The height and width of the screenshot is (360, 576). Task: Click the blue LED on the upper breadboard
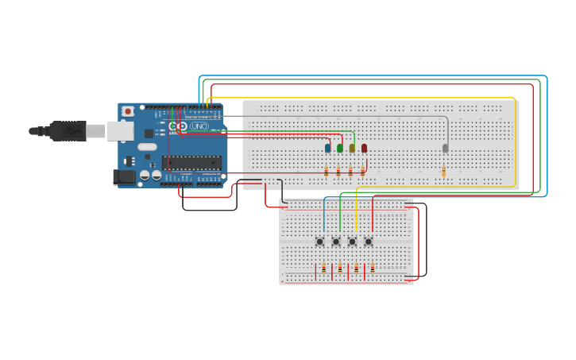coord(327,148)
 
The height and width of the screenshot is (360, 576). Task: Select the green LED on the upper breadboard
coord(340,148)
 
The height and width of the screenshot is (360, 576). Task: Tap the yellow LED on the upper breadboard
coord(352,148)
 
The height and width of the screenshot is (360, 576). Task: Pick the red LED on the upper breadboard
coord(364,148)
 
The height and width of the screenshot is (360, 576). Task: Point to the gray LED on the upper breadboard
coord(445,148)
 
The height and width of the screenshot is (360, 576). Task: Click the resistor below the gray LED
coord(443,172)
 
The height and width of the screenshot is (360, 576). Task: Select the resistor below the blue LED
coord(327,172)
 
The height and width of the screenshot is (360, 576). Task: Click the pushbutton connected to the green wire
coord(336,242)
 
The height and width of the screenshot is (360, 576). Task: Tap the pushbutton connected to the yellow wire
coord(352,242)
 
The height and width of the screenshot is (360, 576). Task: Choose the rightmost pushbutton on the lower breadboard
coord(369,242)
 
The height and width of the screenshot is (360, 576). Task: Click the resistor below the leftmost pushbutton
coord(323,269)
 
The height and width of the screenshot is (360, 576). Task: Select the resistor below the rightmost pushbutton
coord(372,269)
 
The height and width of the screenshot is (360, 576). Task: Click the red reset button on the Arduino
coord(127,111)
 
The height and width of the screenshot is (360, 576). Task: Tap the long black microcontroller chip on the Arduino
coord(191,163)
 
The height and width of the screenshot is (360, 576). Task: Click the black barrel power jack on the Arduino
coord(125,177)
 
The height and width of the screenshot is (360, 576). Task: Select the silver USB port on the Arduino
coord(120,130)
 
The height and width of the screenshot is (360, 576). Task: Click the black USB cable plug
coord(68,130)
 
